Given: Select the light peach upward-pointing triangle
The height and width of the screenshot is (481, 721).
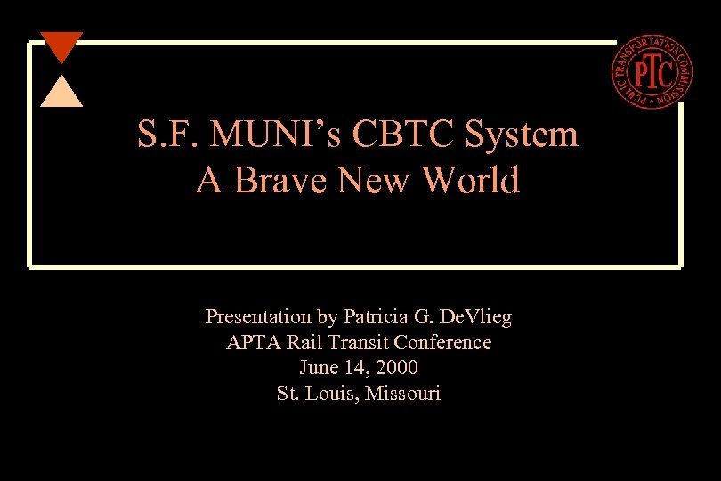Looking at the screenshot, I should [x=61, y=93].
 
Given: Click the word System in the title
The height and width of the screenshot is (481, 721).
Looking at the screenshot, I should [x=521, y=135].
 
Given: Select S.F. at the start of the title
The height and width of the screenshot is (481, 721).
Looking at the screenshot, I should [x=167, y=135].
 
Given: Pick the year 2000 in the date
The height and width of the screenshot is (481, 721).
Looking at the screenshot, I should [x=397, y=367].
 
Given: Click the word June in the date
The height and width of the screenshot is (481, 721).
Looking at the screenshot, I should [x=318, y=367].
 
